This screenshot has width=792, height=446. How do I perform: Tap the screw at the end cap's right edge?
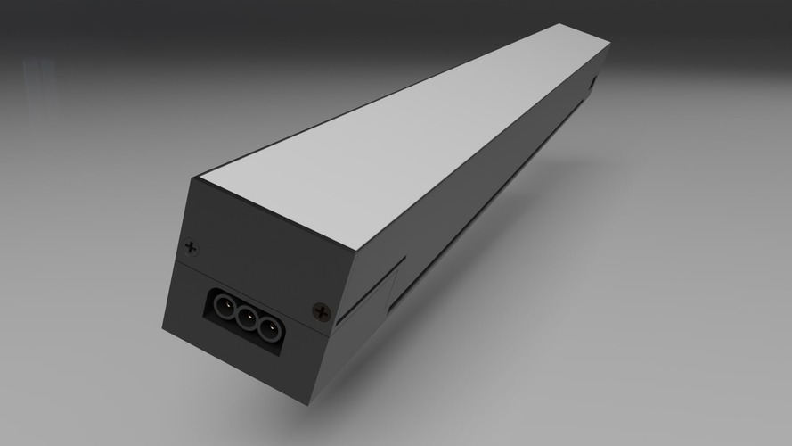point(322,311)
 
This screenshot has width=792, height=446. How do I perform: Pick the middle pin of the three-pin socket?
point(246,318)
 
